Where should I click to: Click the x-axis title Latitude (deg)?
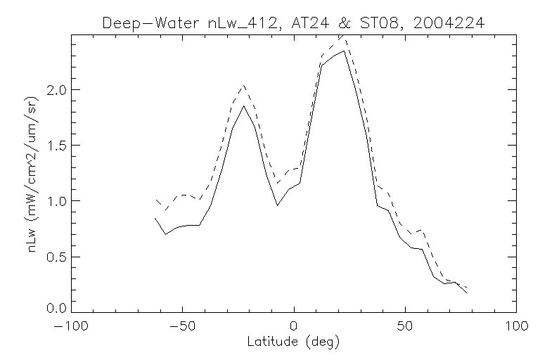294,343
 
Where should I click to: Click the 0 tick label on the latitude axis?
294,326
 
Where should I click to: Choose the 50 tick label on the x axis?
406,326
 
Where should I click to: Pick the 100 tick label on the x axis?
516,326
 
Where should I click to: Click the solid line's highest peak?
345,51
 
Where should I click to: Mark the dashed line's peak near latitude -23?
243,86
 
